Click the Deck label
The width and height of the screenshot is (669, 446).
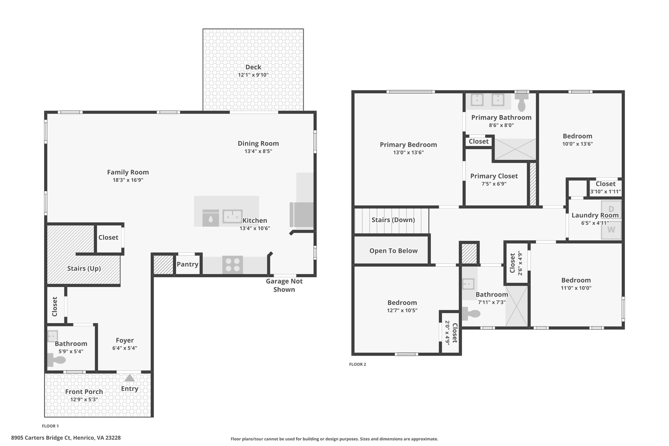point(253,67)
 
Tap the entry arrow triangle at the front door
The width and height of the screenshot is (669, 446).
point(130,378)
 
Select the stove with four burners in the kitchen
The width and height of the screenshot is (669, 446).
point(233,265)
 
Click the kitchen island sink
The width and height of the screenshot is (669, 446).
point(232,216)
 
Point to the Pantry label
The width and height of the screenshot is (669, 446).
point(188,264)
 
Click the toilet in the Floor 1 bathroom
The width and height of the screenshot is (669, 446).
point(57,360)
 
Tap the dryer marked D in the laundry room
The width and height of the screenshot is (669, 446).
point(611,209)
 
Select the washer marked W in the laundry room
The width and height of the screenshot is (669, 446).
point(611,230)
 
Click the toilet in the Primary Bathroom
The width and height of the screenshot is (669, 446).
point(522,102)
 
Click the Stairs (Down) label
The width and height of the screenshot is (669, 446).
point(393,220)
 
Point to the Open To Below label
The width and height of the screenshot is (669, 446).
point(393,251)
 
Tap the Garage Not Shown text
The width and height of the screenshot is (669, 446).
point(284,285)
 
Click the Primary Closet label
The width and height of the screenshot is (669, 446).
point(494,176)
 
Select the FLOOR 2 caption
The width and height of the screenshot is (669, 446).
point(358,364)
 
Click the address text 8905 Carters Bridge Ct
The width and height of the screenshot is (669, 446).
point(41,438)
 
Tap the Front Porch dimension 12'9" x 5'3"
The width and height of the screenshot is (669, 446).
point(84,400)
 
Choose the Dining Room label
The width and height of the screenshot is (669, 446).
point(258,143)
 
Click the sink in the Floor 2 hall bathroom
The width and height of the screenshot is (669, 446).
point(468,284)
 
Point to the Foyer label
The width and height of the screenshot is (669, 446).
point(125,340)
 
